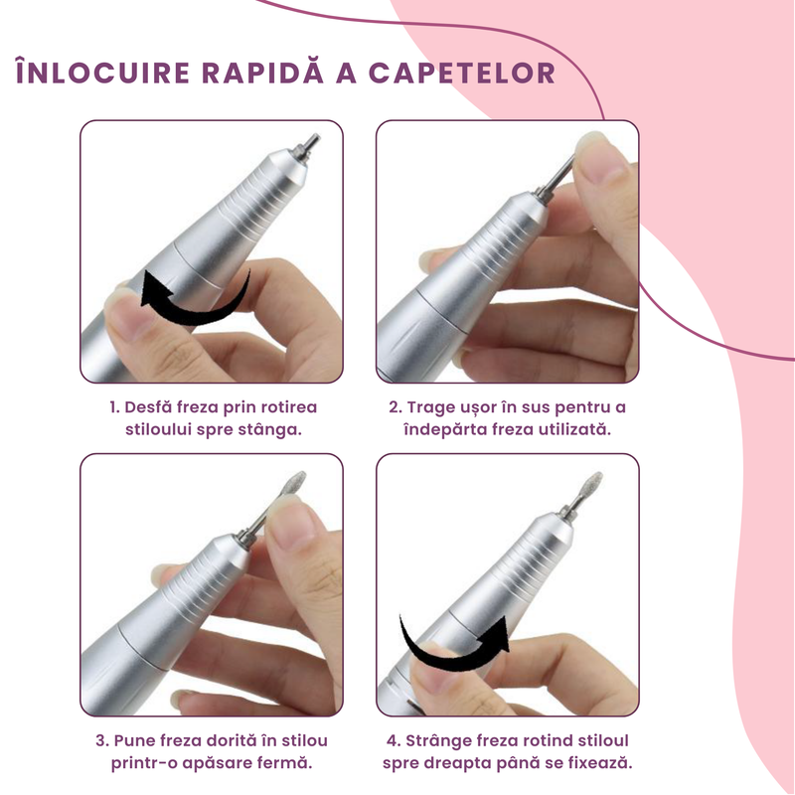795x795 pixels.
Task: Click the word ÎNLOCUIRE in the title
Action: point(103,74)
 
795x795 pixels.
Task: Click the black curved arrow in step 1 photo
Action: point(194,299)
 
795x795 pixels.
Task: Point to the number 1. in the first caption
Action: point(114,407)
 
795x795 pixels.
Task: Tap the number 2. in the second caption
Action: point(395,407)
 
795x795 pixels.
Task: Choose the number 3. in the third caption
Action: point(102,741)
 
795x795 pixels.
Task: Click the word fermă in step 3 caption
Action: point(284,764)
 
